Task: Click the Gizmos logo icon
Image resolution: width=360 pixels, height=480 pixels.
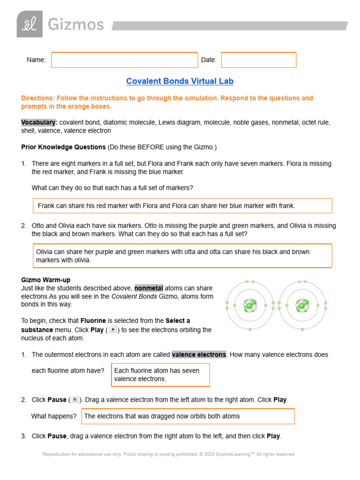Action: click(30, 24)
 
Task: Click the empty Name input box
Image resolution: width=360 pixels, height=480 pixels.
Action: click(125, 60)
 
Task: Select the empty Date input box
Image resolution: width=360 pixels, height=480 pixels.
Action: click(259, 60)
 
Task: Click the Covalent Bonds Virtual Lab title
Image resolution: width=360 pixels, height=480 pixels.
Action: click(180, 81)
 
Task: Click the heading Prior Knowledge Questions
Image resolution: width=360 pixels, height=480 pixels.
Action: click(63, 147)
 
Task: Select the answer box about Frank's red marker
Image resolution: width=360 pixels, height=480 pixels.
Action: click(182, 206)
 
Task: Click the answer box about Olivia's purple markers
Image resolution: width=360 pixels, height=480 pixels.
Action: click(182, 255)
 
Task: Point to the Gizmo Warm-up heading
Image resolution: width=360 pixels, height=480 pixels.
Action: click(46, 280)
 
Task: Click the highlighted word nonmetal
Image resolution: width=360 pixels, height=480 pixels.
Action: click(149, 288)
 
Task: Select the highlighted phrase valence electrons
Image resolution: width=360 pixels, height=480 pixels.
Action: click(199, 354)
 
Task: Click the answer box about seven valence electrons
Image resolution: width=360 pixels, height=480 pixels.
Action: click(160, 375)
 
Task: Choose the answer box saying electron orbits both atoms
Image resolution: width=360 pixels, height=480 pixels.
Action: click(188, 416)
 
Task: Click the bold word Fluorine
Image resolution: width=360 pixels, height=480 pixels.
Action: click(93, 321)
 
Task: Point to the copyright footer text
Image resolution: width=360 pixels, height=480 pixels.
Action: click(168, 454)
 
